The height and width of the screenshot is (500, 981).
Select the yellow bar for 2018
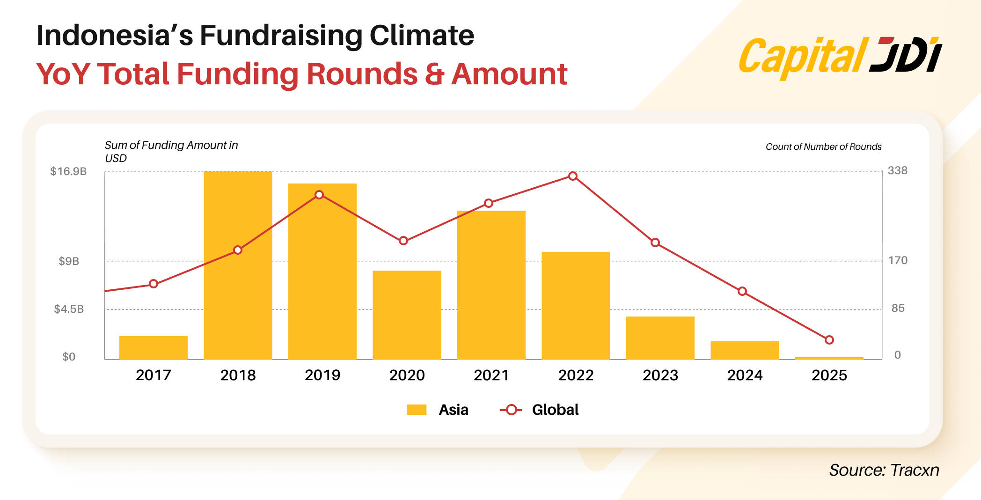[238, 265]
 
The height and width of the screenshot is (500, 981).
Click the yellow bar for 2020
[407, 315]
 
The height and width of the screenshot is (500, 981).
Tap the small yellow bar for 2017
[154, 347]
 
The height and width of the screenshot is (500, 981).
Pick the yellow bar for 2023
[660, 338]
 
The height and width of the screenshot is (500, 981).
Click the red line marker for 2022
[573, 176]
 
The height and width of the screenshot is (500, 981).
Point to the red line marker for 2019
[319, 195]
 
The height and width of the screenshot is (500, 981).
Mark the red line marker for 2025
[829, 340]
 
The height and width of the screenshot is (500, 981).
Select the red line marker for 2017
[154, 284]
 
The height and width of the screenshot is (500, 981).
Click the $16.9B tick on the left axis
[68, 171]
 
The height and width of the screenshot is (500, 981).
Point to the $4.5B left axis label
[69, 309]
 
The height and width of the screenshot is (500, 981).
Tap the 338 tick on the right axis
[897, 170]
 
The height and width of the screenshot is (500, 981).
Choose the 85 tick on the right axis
[898, 308]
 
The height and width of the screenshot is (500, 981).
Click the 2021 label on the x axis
[491, 375]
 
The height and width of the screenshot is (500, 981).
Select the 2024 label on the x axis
[745, 375]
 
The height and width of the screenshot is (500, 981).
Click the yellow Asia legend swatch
[417, 410]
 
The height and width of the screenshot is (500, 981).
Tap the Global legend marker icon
[511, 410]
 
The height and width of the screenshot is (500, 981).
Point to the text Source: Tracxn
[884, 470]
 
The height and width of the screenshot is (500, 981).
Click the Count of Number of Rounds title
[823, 147]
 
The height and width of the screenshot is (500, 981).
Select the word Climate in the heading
[421, 35]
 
